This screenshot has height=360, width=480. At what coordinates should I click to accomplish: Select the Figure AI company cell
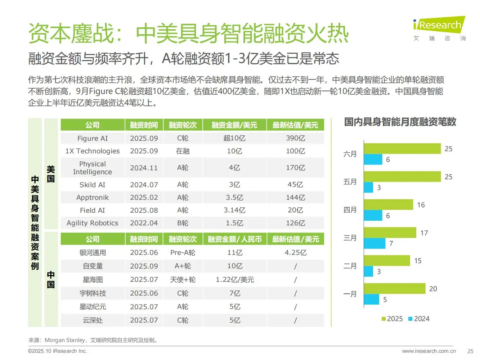coord(93,138)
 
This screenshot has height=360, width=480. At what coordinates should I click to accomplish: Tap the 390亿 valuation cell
coord(295,138)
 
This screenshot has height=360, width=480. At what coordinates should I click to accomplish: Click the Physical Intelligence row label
coord(93,168)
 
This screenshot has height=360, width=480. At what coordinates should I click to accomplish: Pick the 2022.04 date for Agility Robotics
coord(144,223)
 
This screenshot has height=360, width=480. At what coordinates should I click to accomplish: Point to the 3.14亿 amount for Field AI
coord(234,210)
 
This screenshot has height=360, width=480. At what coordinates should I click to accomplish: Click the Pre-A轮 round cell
coord(183,252)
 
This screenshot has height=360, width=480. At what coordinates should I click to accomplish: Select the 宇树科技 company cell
coord(93,293)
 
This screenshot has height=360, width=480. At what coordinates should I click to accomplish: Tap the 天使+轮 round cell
coord(183,279)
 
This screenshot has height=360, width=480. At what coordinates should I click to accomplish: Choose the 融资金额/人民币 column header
coord(234,239)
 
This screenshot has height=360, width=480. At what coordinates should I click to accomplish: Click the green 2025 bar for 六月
coord(402,149)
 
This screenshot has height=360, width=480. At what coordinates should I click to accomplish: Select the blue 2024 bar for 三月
coord(374,243)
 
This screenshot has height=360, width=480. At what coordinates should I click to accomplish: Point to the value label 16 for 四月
coord(421,205)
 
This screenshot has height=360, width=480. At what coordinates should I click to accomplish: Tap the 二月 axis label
coord(350,266)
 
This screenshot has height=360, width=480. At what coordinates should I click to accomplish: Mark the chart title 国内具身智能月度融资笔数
coord(400,122)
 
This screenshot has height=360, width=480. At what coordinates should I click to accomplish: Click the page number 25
coord(470,351)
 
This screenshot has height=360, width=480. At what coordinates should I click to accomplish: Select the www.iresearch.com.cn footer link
coord(429,351)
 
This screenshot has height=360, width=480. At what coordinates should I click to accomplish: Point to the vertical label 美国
coord(51,174)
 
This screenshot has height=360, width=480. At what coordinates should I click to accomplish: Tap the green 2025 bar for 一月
coord(394,289)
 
